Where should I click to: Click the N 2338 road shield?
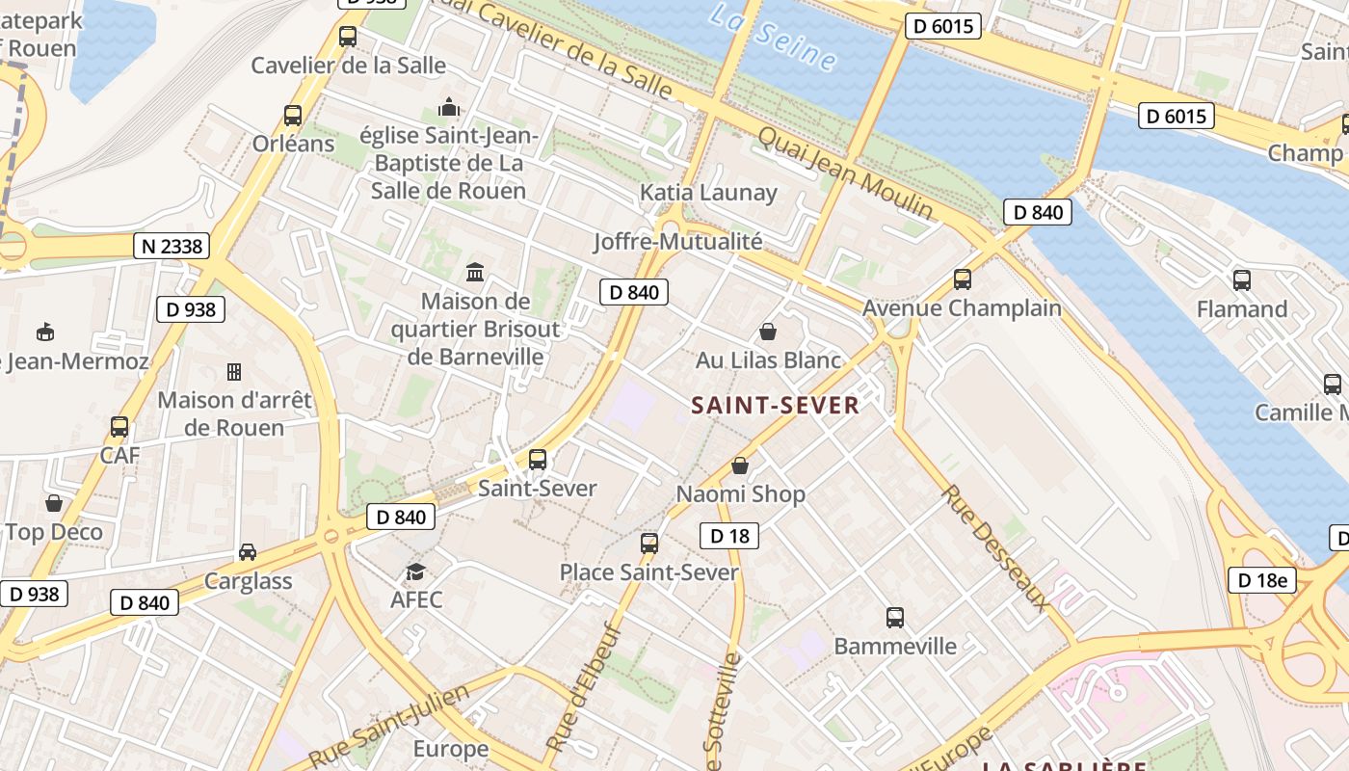pyautogui.click(x=172, y=246)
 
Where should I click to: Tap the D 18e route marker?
pyautogui.click(x=1261, y=579)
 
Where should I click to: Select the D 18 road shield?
pyautogui.click(x=728, y=535)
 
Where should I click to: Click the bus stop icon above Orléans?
pyautogui.click(x=293, y=116)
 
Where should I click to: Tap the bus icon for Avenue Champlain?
pyautogui.click(x=962, y=279)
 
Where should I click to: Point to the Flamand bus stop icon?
pyautogui.click(x=1241, y=280)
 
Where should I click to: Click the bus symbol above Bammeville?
pyautogui.click(x=895, y=617)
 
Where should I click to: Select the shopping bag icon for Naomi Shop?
pyautogui.click(x=740, y=465)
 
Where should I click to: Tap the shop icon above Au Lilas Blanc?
pyautogui.click(x=768, y=332)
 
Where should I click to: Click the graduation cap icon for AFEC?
pyautogui.click(x=415, y=572)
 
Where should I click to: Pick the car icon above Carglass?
pyautogui.click(x=248, y=552)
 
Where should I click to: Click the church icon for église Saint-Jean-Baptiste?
pyautogui.click(x=449, y=106)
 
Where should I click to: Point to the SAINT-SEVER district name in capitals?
pyautogui.click(x=775, y=406)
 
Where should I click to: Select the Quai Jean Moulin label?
pyautogui.click(x=845, y=172)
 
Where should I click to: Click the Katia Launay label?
pyautogui.click(x=708, y=193)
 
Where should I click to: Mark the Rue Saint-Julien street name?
pyautogui.click(x=389, y=728)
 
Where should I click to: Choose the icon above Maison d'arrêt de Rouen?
pyautogui.click(x=233, y=371)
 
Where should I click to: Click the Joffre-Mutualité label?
pyautogui.click(x=677, y=241)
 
